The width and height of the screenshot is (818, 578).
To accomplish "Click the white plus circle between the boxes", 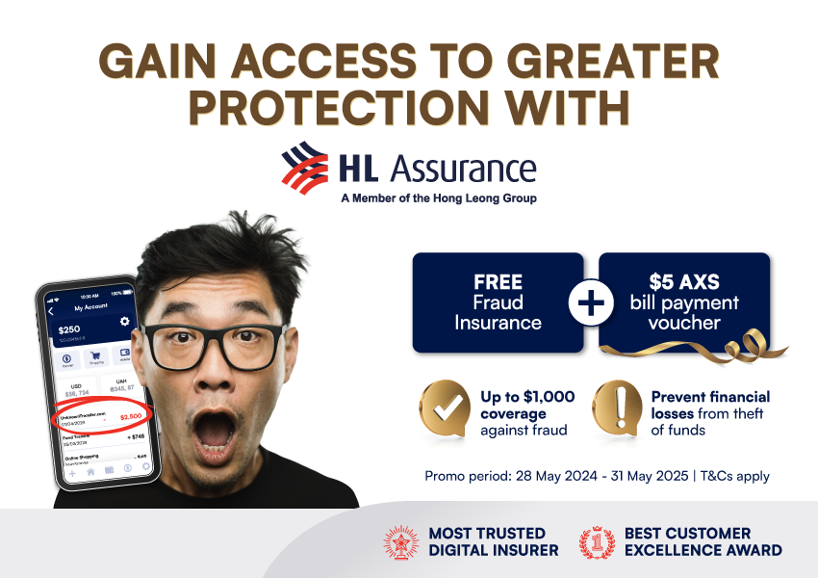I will [x=591, y=302].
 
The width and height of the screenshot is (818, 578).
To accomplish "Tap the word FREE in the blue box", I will [x=498, y=283].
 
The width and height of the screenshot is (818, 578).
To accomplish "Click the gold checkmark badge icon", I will [x=444, y=408].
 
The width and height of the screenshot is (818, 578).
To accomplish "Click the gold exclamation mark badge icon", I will [x=616, y=408].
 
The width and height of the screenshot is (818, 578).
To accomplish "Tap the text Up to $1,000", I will [x=527, y=397].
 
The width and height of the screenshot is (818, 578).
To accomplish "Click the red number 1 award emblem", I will [x=597, y=541].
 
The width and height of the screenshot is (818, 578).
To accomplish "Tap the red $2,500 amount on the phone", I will [x=129, y=416].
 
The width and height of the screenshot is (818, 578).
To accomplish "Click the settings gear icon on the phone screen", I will [x=124, y=321].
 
